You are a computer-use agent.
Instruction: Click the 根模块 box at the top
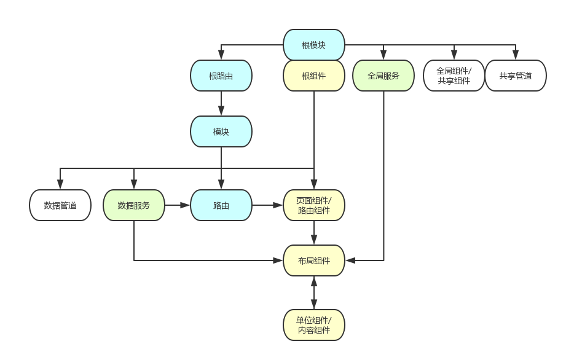click(x=313, y=45)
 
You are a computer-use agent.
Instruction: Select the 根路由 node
click(x=221, y=76)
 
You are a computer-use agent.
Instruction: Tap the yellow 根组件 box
click(x=313, y=76)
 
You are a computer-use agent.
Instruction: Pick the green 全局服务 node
click(x=383, y=76)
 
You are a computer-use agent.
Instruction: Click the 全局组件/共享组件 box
click(x=454, y=76)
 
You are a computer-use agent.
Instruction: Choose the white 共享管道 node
click(x=516, y=76)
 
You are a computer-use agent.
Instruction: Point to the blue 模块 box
click(x=221, y=131)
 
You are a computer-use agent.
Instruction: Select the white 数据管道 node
click(x=60, y=205)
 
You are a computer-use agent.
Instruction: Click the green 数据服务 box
click(x=134, y=205)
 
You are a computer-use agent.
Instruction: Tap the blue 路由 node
click(x=221, y=205)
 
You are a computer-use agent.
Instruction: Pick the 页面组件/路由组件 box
click(x=313, y=205)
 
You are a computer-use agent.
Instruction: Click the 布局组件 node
click(x=313, y=260)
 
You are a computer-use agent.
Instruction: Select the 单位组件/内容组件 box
click(x=313, y=325)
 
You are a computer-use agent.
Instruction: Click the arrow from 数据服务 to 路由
click(x=178, y=205)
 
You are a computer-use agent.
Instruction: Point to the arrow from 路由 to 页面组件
click(x=267, y=205)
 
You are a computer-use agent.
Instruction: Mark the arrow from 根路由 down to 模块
click(x=221, y=103)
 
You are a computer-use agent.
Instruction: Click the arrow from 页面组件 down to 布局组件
click(x=313, y=233)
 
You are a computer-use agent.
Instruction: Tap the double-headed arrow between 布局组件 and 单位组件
click(x=313, y=293)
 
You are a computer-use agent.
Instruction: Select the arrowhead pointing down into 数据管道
click(x=60, y=185)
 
